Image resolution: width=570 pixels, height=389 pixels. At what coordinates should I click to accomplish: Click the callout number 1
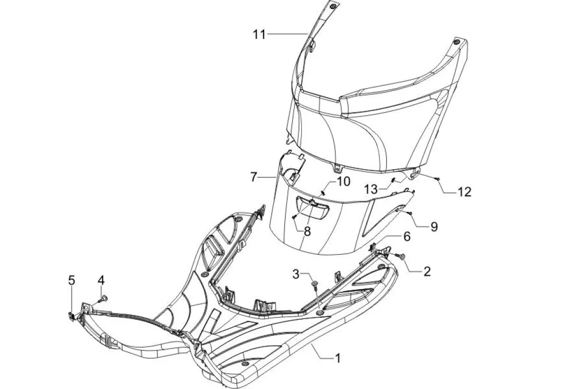337,358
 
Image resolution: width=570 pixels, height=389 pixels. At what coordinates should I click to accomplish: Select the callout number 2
426,271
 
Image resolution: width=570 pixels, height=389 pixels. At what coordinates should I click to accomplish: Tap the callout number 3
296,274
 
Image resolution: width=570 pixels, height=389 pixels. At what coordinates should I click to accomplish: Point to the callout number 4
101,280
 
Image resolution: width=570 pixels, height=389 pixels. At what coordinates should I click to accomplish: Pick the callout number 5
72,280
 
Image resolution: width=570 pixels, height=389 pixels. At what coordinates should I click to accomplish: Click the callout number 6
407,237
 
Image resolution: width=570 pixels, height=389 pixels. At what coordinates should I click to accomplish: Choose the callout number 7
255,177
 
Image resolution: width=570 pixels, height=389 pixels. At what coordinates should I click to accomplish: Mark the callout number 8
307,231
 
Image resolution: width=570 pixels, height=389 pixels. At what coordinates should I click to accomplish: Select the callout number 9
434,226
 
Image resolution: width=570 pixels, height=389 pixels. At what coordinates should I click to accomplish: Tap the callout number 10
343,181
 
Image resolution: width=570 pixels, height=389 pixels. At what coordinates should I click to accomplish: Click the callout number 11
259,34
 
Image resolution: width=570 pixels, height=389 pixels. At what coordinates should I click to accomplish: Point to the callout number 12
464,192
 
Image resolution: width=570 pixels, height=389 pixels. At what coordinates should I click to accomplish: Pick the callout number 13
371,189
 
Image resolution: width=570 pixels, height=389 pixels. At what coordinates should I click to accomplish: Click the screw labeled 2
402,257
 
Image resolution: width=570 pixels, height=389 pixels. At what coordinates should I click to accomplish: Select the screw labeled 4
104,297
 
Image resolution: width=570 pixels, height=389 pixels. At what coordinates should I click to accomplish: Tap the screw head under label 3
314,282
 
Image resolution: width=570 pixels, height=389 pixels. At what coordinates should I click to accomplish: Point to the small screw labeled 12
437,178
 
